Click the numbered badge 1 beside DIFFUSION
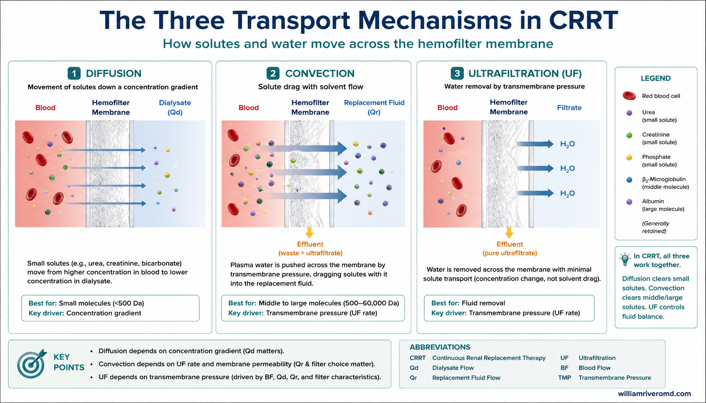pyautogui.click(x=74, y=74)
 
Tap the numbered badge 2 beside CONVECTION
pyautogui.click(x=273, y=74)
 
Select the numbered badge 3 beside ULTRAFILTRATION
pyautogui.click(x=457, y=74)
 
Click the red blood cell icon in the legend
pyautogui.click(x=629, y=96)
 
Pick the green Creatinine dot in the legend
pyautogui.click(x=629, y=135)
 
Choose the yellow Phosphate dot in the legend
pyautogui.click(x=629, y=158)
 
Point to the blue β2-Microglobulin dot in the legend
pyautogui.click(x=629, y=180)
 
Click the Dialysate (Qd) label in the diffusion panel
pyautogui.click(x=175, y=108)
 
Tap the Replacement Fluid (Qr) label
pyautogui.click(x=374, y=108)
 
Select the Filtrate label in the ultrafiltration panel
pyautogui.click(x=569, y=108)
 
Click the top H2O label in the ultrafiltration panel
pyautogui.click(x=567, y=144)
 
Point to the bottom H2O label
pyautogui.click(x=567, y=193)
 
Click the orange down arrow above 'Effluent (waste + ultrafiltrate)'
pyautogui.click(x=309, y=233)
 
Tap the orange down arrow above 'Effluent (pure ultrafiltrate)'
pyautogui.click(x=509, y=233)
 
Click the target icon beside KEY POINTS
pyautogui.click(x=32, y=363)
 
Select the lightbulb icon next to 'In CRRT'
pyautogui.click(x=625, y=260)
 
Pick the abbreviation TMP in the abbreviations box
pyautogui.click(x=564, y=377)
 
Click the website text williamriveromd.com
pyautogui.click(x=655, y=394)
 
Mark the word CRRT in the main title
pyautogui.click(x=583, y=20)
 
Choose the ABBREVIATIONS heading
pyautogui.click(x=440, y=347)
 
